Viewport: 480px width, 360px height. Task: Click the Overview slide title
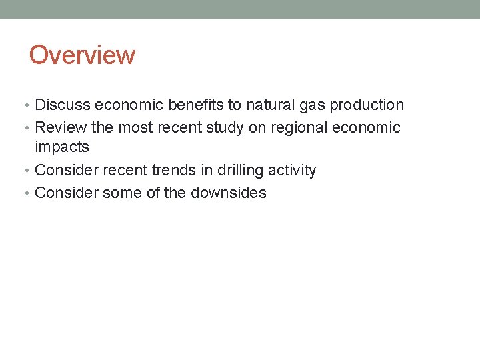(82, 55)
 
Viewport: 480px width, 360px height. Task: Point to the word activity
(292, 170)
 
